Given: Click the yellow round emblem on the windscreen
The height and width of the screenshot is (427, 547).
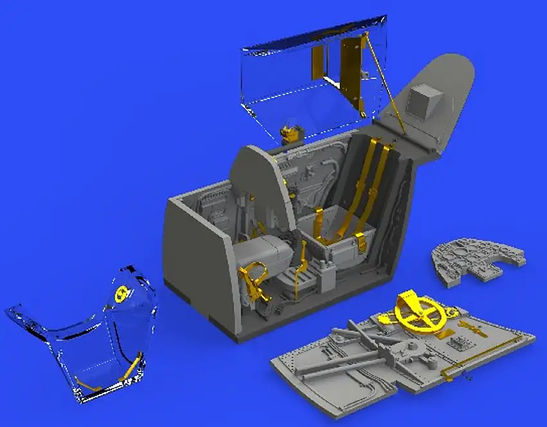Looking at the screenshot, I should click(x=120, y=295).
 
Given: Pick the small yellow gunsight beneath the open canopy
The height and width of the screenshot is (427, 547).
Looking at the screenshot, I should click(x=291, y=134).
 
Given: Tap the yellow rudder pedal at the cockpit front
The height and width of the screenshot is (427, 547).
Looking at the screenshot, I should click(x=252, y=279).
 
